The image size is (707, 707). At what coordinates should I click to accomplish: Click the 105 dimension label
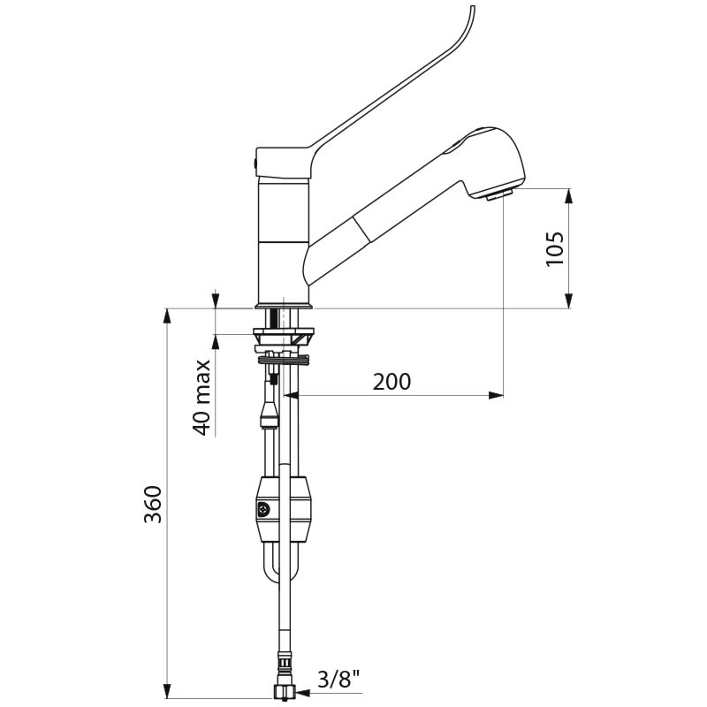555,249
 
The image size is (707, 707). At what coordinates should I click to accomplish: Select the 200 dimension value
392,382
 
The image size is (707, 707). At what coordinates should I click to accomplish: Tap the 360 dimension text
152,504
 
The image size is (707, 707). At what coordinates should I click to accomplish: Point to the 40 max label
201,397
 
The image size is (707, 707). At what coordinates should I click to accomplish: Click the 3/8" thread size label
339,679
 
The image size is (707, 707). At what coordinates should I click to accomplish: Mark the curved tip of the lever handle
472,9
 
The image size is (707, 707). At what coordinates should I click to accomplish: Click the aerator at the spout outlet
499,194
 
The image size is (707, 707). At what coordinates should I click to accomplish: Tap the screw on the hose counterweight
262,510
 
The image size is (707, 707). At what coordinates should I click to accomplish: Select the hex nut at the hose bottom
284,691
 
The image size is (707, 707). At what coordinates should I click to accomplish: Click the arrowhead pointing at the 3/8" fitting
301,692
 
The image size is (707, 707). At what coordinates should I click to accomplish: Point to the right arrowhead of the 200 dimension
496,395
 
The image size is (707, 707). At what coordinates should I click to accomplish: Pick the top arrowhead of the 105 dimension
569,196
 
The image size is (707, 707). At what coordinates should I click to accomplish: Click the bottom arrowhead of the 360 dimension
167,690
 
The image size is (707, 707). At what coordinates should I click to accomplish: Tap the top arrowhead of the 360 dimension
167,316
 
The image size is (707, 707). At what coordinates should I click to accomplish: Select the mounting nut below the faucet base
284,338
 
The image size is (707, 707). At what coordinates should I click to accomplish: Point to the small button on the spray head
453,148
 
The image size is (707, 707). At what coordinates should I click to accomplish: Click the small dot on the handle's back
255,163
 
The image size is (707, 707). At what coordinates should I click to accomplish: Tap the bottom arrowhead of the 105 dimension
569,300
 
